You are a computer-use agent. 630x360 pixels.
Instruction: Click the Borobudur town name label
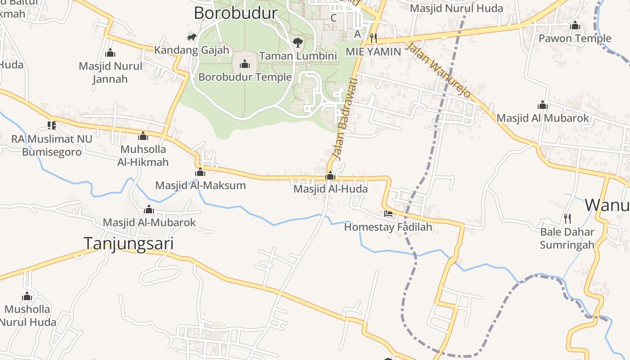click(235, 13)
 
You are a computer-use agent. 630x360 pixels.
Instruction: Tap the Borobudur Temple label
click(245, 77)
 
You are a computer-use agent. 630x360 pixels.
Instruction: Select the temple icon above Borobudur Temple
click(245, 64)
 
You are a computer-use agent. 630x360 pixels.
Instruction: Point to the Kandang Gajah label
click(192, 50)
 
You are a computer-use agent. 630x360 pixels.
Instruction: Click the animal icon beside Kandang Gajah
click(192, 37)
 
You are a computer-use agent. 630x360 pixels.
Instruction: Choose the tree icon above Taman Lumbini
click(297, 43)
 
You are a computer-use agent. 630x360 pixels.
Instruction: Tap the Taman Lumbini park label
click(298, 56)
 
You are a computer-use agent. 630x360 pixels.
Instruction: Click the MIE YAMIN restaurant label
click(373, 51)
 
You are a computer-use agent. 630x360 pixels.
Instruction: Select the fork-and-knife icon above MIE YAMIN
click(373, 38)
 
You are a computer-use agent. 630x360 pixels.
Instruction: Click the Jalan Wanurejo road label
click(438, 70)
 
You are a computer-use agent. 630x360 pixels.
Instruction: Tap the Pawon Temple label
click(575, 38)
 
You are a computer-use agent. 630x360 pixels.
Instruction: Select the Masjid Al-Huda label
click(330, 189)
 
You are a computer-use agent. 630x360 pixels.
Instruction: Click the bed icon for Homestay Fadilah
click(388, 214)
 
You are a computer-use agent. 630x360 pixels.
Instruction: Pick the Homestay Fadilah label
click(388, 227)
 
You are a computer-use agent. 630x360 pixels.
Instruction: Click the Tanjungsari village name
click(129, 243)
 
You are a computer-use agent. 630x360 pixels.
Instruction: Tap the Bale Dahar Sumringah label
click(567, 238)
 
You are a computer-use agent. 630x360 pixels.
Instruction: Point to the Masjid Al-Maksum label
click(200, 185)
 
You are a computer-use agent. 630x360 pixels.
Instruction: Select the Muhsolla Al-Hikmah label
click(143, 155)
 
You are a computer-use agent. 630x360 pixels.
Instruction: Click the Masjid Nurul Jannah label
click(110, 72)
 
